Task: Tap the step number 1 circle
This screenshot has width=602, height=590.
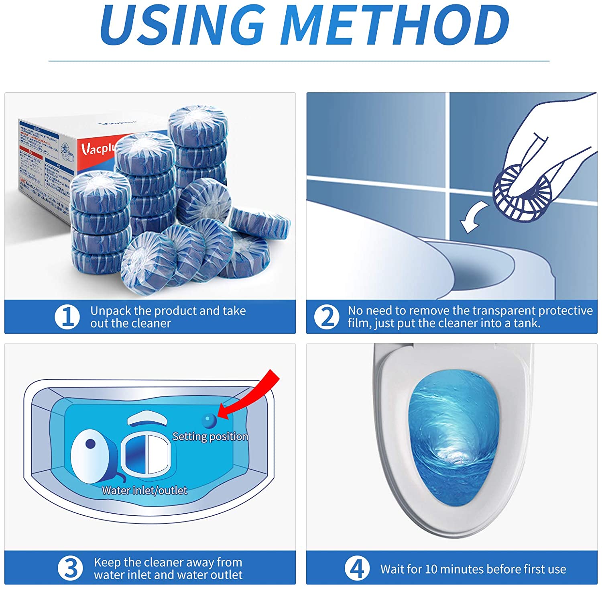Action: (67, 317)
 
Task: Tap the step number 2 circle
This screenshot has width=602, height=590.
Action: (327, 317)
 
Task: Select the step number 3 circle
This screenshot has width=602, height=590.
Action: (70, 568)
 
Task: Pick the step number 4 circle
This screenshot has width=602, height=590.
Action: (357, 568)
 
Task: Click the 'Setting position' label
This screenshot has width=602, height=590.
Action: (210, 437)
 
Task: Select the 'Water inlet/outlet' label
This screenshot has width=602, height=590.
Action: (144, 490)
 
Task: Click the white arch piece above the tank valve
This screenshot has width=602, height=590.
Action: (147, 418)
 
